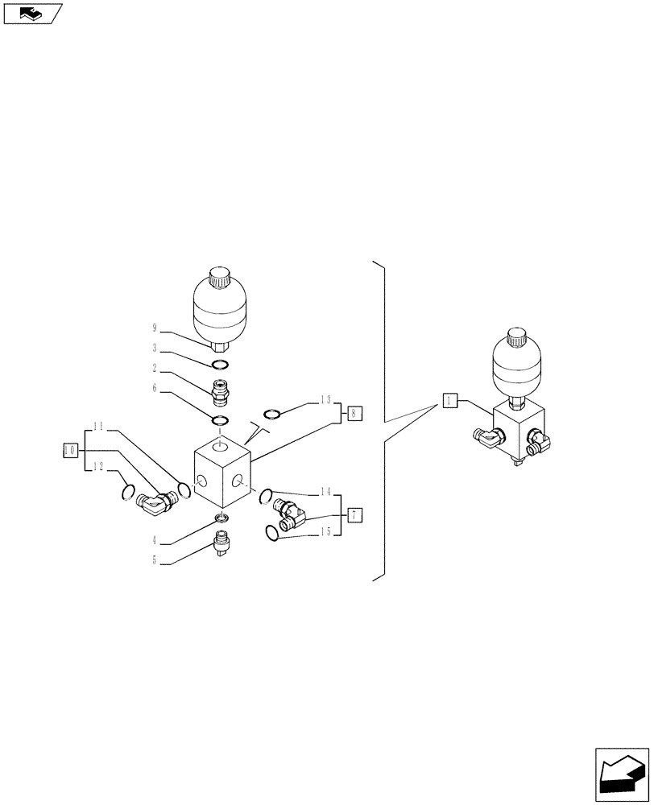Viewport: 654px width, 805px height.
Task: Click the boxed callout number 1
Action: click(450, 400)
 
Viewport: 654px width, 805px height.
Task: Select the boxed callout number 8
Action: click(354, 414)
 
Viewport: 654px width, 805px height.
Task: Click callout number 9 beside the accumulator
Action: click(153, 328)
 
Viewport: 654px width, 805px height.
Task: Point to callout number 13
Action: click(325, 400)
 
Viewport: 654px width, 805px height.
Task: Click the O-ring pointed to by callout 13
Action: click(271, 415)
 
